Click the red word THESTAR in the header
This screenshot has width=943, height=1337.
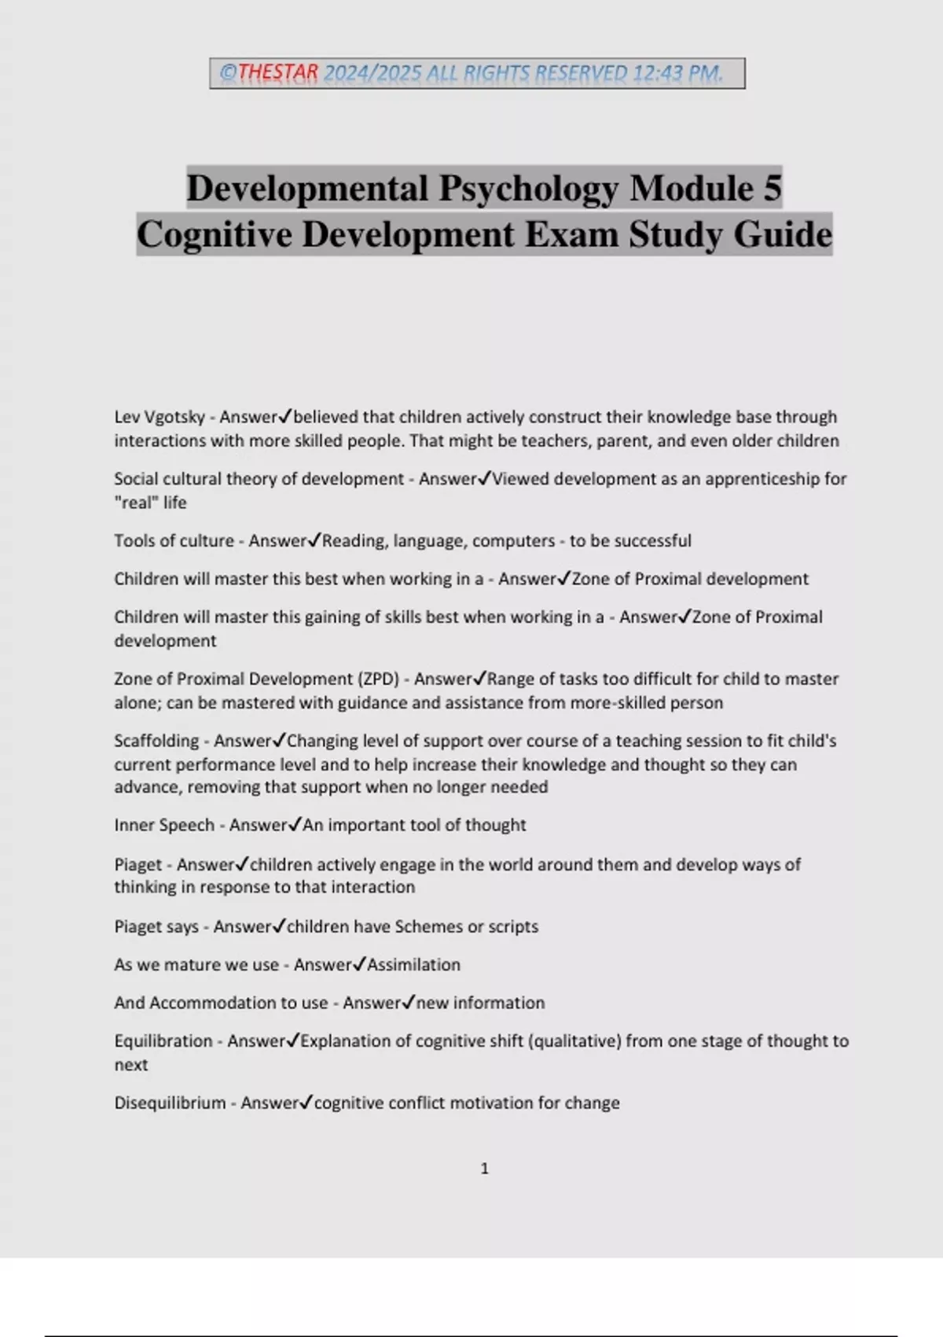point(278,73)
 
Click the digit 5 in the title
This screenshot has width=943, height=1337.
point(771,188)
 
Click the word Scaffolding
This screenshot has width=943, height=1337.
point(156,741)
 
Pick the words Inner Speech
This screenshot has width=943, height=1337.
point(164,825)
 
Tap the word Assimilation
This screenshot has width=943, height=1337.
point(414,965)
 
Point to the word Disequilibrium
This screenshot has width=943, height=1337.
point(170,1103)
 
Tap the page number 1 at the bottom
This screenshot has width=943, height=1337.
point(484,1169)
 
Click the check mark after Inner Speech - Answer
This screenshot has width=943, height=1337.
point(295,825)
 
